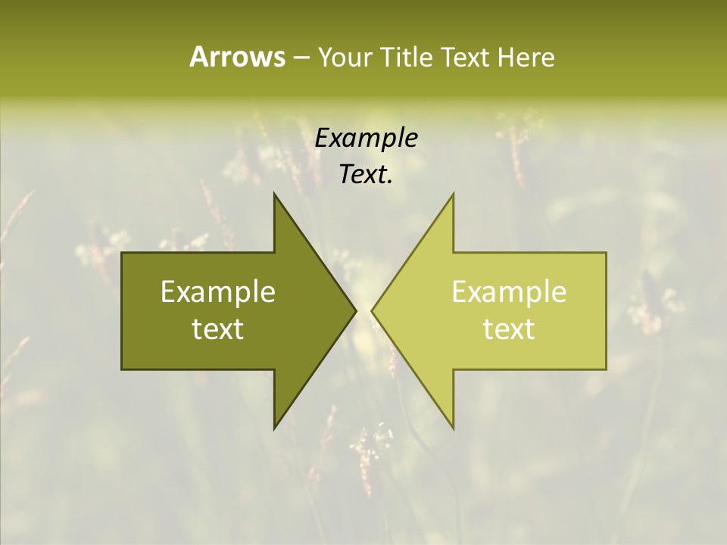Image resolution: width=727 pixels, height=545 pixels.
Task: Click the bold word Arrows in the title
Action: [x=236, y=57]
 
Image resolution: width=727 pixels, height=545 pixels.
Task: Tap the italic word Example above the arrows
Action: [x=367, y=138]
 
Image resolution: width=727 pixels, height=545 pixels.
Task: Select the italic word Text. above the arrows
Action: [x=367, y=175]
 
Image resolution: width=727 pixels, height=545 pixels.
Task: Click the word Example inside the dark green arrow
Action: [x=218, y=292]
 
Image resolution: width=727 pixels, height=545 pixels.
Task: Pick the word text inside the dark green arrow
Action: [x=218, y=329]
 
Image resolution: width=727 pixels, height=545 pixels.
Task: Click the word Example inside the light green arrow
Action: [x=509, y=292]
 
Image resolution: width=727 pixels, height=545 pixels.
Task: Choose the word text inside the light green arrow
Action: [x=509, y=329]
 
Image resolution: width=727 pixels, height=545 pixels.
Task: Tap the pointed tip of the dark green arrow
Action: [x=356, y=310]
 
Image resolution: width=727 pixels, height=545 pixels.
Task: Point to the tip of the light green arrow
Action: [x=372, y=310]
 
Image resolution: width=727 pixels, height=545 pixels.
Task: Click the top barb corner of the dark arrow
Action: [x=274, y=193]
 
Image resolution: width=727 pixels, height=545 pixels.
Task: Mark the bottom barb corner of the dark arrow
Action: [x=274, y=428]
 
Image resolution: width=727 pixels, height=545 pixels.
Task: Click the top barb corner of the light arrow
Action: [x=454, y=193]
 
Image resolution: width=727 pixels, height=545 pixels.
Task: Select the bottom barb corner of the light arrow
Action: [x=454, y=428]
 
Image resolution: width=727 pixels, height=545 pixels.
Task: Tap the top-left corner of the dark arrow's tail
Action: [x=122, y=253]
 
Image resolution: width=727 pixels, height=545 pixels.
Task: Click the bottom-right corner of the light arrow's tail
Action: [x=606, y=369]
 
